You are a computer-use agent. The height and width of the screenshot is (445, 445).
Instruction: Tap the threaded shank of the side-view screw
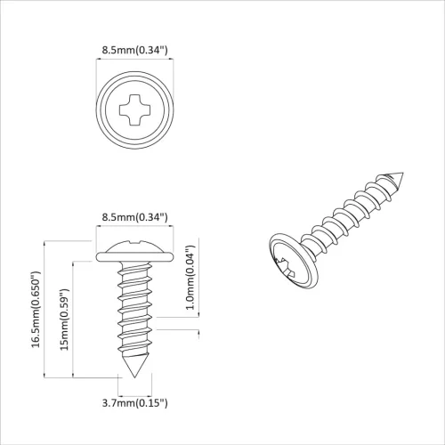135,311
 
